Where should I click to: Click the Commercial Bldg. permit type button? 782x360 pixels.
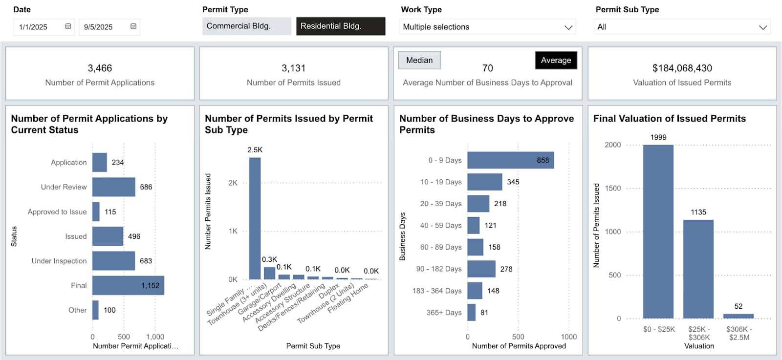[246, 26]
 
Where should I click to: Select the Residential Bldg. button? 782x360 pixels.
[340, 26]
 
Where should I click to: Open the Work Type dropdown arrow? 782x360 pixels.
[568, 27]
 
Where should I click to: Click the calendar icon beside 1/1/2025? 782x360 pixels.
[68, 26]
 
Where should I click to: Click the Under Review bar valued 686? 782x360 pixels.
[113, 187]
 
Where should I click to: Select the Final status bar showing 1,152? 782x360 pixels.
[128, 285]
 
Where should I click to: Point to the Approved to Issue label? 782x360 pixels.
[57, 212]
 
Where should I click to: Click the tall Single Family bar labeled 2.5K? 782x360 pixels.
[255, 218]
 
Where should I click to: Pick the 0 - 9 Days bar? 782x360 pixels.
[510, 160]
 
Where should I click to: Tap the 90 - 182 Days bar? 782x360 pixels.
[481, 269]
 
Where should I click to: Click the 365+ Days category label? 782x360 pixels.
[444, 313]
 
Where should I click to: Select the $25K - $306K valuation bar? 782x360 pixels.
[698, 269]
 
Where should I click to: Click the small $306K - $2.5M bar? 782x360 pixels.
[738, 316]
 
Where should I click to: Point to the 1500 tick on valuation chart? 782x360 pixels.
[612, 188]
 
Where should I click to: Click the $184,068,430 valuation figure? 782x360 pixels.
[682, 68]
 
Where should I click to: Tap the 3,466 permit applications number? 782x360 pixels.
[100, 68]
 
